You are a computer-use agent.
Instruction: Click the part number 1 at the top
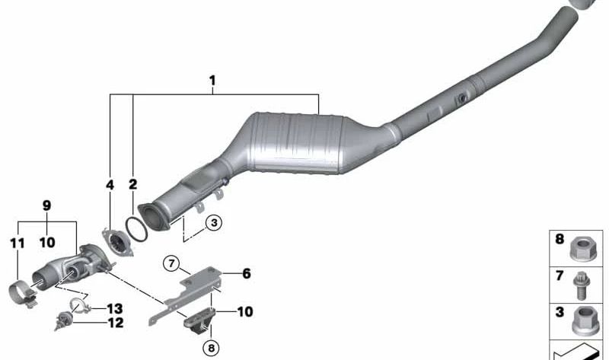pos(213,80)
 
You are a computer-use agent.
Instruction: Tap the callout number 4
pos(110,184)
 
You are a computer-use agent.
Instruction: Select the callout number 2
pos(132,184)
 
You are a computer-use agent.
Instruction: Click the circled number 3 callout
pos(213,222)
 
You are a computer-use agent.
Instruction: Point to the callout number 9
pos(46,205)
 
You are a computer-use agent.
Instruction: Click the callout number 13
pos(114,308)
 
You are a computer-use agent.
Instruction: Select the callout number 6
pos(246,273)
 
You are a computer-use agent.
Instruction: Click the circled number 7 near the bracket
pos(173,264)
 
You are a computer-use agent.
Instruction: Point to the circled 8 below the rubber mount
pos(209,349)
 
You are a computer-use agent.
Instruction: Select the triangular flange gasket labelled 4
pos(116,244)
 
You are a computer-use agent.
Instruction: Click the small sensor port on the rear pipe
pos(461,99)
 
